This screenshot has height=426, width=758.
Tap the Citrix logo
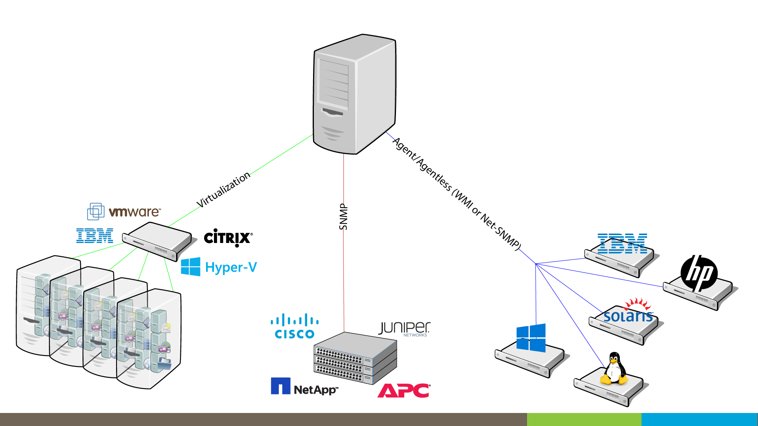click(x=228, y=237)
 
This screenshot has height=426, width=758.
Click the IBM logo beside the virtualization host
click(x=95, y=235)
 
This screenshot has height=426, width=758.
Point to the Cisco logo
click(x=295, y=327)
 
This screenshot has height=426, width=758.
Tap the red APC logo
click(x=404, y=390)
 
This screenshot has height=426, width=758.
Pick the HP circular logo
click(x=699, y=273)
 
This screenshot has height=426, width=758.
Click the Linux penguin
click(x=614, y=368)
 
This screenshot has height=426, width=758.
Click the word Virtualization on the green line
click(x=223, y=189)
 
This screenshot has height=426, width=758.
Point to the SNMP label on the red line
click(x=343, y=217)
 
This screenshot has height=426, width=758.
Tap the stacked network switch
click(x=355, y=358)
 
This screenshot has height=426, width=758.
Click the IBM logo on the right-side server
click(x=622, y=243)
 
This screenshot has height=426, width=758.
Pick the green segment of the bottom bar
click(x=584, y=419)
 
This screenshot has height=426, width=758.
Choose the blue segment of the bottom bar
click(x=699, y=419)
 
